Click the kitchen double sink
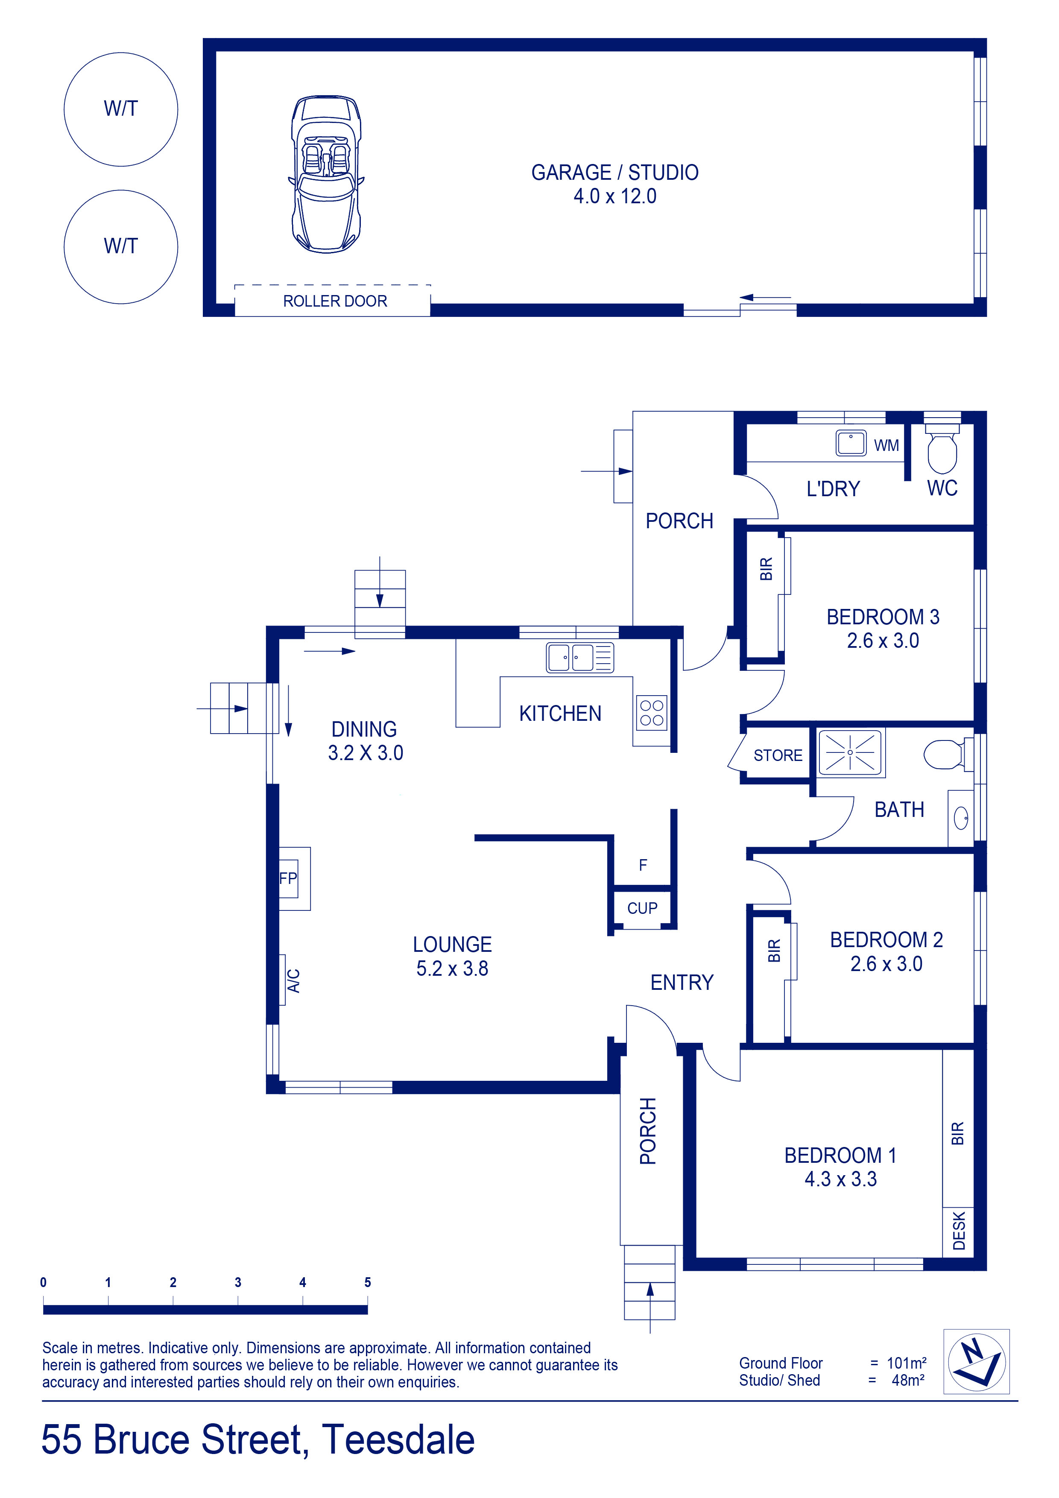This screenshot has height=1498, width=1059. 579,658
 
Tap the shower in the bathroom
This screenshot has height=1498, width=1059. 850,752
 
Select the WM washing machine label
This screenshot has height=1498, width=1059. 886,446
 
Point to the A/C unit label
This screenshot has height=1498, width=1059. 294,980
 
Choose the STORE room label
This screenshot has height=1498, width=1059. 778,755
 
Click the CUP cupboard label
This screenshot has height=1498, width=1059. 642,908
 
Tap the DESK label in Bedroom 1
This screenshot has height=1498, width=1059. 959,1231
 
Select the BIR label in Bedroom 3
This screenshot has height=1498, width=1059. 766,569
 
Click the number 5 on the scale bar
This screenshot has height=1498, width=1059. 367,1282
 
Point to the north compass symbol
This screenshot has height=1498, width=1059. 977,1362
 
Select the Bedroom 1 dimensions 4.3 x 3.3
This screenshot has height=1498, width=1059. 840,1179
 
